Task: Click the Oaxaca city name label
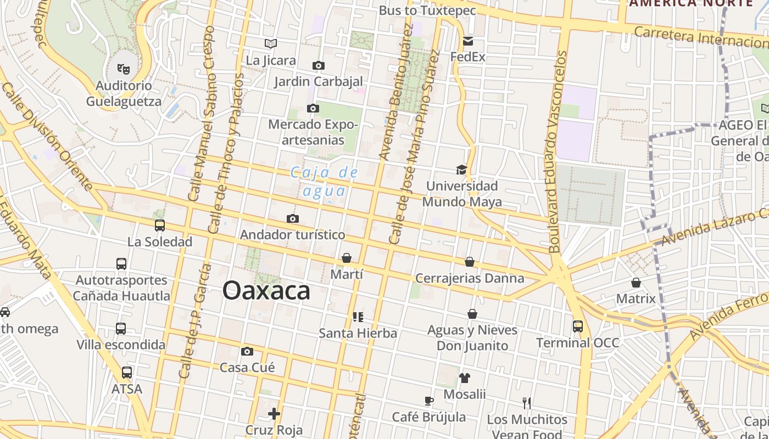[x=266, y=291]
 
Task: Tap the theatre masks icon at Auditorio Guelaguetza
[x=124, y=69]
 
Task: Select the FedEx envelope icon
[x=468, y=41]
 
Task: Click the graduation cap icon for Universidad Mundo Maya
[x=461, y=170]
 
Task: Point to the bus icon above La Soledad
[x=160, y=226]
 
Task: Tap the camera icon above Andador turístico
[x=293, y=219]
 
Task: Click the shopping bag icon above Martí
[x=347, y=258]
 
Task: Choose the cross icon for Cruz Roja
[x=274, y=413]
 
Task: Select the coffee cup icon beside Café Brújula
[x=429, y=401]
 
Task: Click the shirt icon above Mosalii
[x=465, y=378]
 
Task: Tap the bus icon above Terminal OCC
[x=578, y=327]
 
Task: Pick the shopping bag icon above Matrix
[x=636, y=283]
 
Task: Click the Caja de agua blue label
[x=325, y=182]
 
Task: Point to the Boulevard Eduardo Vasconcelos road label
[x=557, y=152]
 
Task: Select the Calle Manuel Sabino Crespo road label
[x=202, y=112]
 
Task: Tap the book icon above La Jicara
[x=270, y=43]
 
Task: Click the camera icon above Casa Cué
[x=247, y=351]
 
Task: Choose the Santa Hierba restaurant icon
[x=358, y=317]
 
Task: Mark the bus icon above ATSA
[x=127, y=373]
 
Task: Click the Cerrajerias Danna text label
[x=470, y=278]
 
